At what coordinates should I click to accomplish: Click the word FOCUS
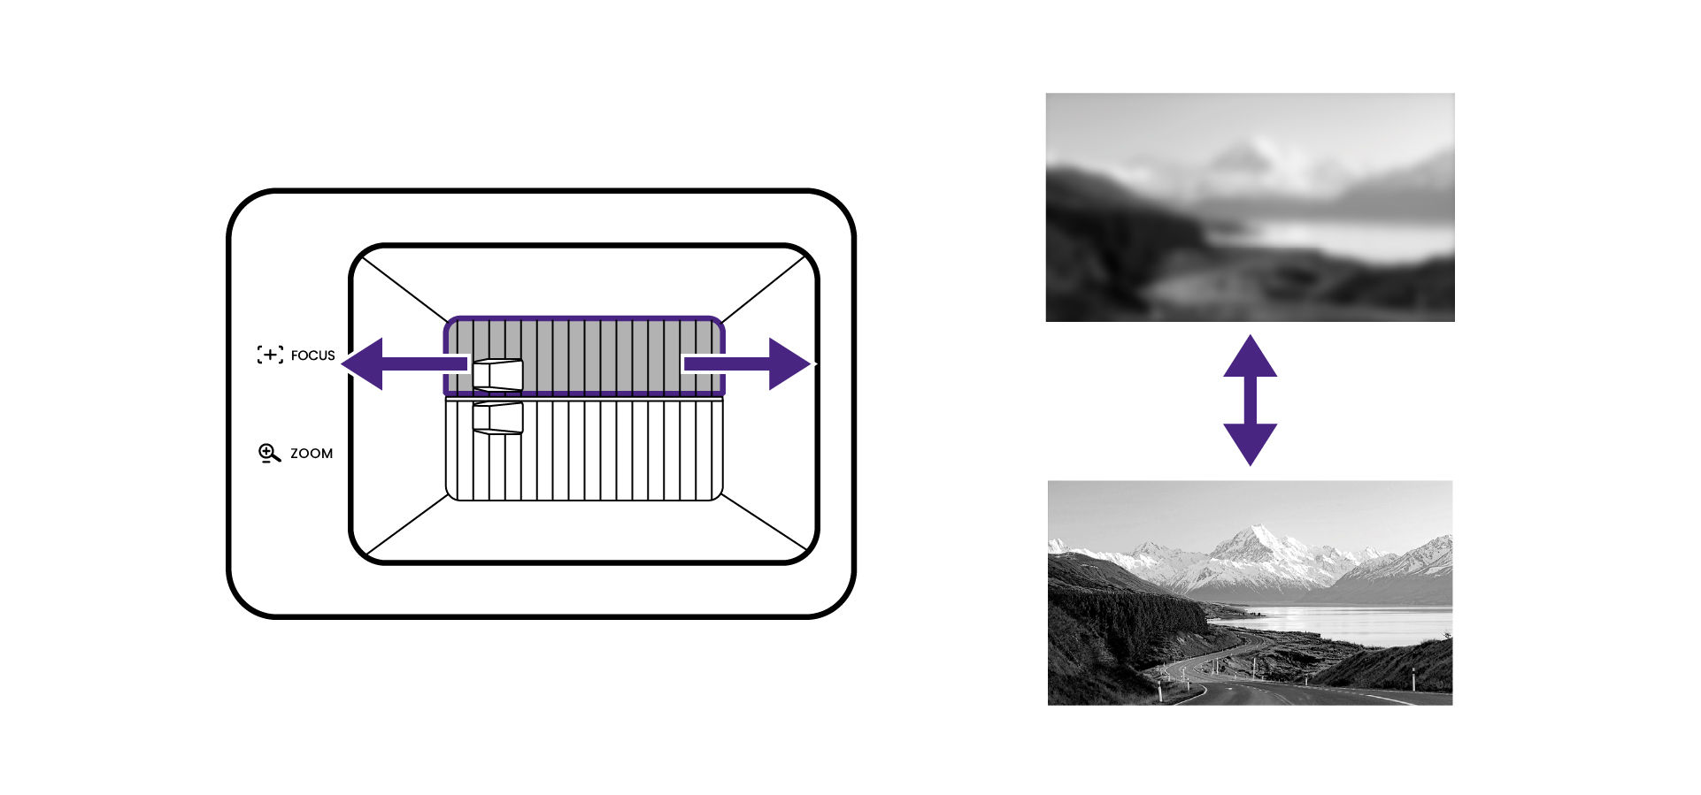(312, 355)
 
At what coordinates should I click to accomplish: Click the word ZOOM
(312, 454)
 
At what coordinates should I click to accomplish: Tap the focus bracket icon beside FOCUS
(270, 355)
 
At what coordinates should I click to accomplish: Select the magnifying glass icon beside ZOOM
(269, 454)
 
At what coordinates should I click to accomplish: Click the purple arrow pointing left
(389, 363)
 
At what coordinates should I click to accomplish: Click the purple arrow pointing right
(761, 363)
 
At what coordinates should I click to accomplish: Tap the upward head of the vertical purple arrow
(1250, 358)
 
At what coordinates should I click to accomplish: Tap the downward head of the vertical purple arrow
(1250, 442)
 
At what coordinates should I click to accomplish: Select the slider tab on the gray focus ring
(497, 375)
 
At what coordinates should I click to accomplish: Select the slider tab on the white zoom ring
(497, 418)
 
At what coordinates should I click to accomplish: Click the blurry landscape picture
(1250, 207)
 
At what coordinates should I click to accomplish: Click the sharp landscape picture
(1250, 592)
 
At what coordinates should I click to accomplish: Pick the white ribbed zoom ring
(620, 451)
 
